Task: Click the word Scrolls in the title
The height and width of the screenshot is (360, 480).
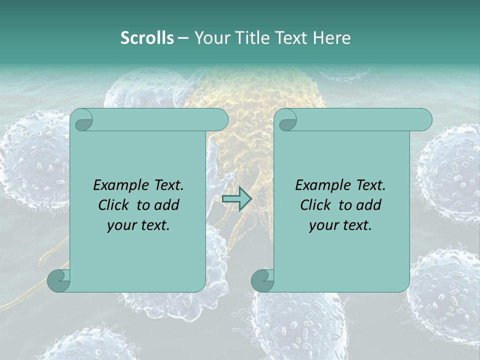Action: (147, 37)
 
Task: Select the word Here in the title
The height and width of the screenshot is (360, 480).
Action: (331, 37)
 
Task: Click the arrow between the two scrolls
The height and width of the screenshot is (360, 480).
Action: (236, 198)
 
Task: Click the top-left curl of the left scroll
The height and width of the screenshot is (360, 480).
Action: (81, 120)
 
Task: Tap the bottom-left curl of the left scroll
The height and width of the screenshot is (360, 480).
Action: (58, 280)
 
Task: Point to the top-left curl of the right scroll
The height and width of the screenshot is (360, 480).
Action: (285, 120)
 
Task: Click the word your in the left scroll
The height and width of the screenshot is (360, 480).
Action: (121, 225)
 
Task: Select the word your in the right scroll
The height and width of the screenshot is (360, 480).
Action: (323, 225)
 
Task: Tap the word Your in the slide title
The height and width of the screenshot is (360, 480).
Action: (208, 37)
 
